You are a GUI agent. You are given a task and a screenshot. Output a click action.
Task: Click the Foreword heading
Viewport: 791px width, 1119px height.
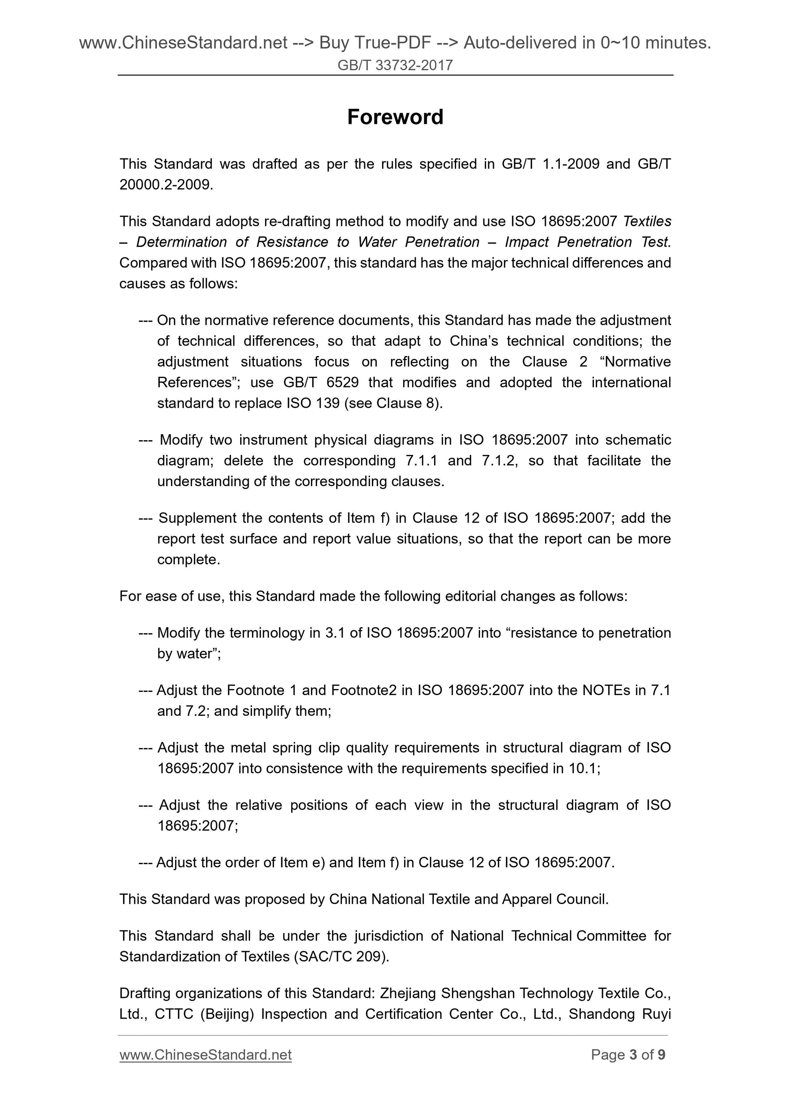point(395,117)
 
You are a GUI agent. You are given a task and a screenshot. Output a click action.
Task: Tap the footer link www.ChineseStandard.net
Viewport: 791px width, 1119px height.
point(205,1055)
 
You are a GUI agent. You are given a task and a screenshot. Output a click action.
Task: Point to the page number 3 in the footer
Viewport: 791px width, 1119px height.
point(633,1055)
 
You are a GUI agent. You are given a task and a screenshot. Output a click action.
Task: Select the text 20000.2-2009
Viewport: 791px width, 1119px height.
point(166,185)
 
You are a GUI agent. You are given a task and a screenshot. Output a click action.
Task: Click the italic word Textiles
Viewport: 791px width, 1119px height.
point(647,221)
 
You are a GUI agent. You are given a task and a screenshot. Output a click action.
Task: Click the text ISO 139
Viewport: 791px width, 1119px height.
point(313,403)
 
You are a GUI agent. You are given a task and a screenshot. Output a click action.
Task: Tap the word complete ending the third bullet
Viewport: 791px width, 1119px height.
point(188,559)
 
